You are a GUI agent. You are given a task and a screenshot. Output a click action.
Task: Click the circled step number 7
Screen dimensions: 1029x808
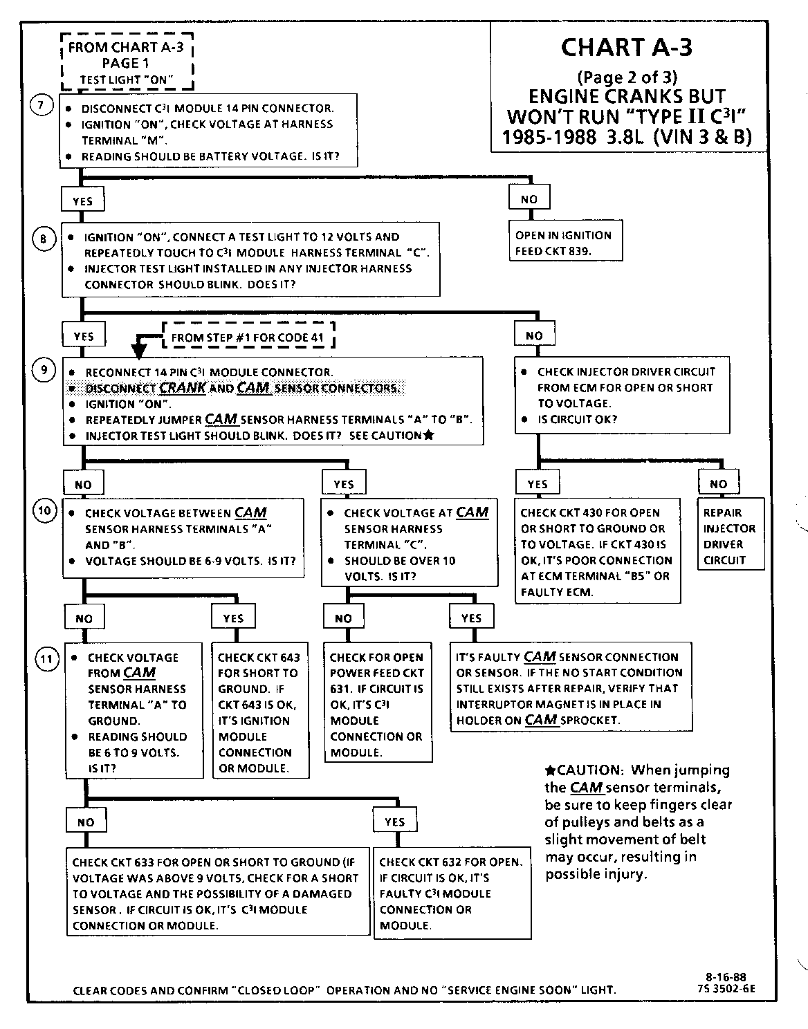[41, 105]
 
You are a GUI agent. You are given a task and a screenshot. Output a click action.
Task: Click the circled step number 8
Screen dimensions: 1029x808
[42, 239]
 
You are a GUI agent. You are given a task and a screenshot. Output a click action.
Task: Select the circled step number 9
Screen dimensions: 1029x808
[44, 370]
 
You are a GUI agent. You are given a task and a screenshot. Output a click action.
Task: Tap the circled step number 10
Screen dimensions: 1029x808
[44, 511]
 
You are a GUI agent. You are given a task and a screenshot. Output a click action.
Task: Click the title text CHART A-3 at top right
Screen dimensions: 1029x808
[626, 47]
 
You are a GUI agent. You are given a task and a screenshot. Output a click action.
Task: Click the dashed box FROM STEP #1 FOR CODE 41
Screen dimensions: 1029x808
[247, 337]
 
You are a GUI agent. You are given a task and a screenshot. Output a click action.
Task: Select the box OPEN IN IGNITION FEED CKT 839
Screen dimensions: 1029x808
[563, 243]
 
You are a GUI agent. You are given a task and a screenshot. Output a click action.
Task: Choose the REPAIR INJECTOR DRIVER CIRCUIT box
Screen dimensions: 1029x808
[729, 536]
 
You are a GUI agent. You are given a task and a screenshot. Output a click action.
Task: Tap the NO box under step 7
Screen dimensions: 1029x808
[529, 198]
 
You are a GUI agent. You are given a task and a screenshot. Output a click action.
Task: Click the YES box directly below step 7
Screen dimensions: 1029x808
[82, 201]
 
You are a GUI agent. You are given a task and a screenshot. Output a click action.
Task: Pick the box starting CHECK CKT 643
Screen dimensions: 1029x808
[258, 712]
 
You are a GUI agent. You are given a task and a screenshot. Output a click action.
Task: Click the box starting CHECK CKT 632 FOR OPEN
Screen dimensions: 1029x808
[452, 893]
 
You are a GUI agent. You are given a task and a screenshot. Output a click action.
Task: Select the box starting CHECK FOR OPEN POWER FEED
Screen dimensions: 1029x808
[377, 704]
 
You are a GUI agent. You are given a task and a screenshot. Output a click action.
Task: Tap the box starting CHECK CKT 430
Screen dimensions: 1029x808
[596, 552]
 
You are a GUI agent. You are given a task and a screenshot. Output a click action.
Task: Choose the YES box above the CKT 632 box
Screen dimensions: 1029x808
[394, 821]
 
